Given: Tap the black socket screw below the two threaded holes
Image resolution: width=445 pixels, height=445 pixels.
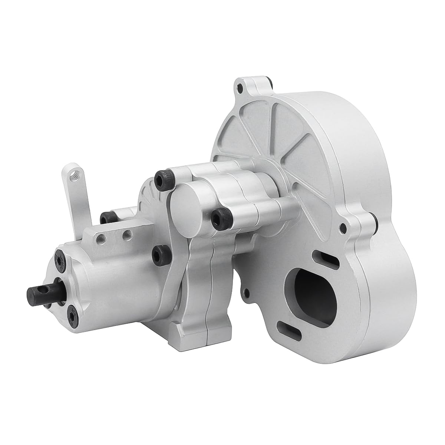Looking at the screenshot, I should pos(161,252).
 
